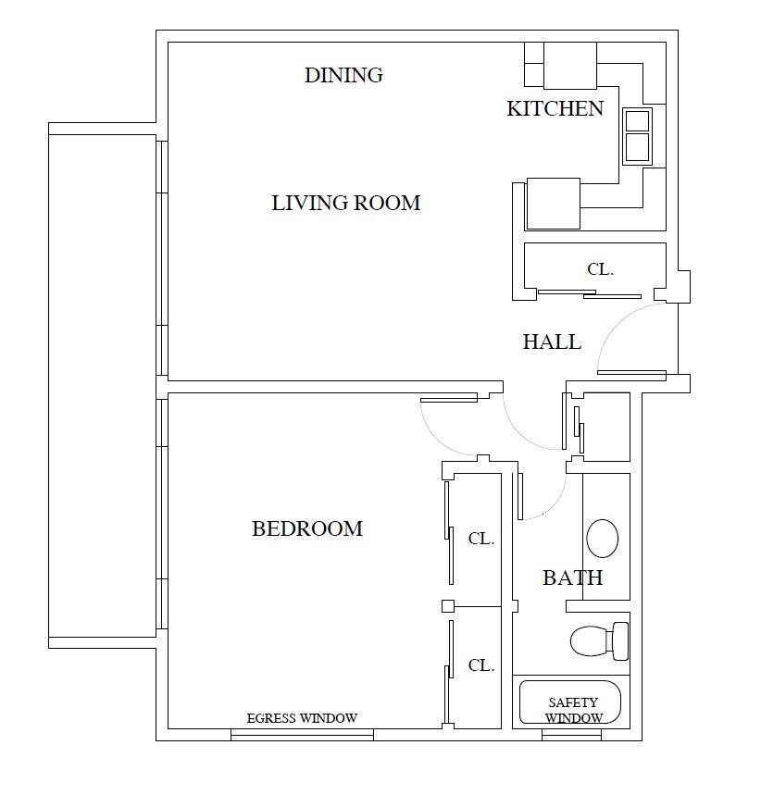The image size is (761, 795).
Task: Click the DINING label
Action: (343, 75)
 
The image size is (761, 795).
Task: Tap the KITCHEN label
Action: (555, 108)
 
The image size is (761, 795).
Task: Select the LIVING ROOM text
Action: (345, 203)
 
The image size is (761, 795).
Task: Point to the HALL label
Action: (552, 342)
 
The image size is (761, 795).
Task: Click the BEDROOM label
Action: (306, 528)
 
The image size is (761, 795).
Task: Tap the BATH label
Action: (572, 578)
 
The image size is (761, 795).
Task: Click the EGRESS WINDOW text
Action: (302, 718)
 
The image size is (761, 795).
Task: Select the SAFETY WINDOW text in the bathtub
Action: (572, 710)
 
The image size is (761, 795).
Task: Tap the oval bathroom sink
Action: (602, 538)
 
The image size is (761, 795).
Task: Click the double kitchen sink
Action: (637, 135)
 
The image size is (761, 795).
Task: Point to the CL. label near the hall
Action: (601, 270)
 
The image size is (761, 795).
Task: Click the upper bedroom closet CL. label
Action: (480, 539)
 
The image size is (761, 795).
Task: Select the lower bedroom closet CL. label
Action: (480, 665)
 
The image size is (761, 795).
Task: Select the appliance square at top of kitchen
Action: (569, 65)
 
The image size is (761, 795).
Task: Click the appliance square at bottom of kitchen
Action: (553, 204)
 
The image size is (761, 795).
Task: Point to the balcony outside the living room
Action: (102, 384)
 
